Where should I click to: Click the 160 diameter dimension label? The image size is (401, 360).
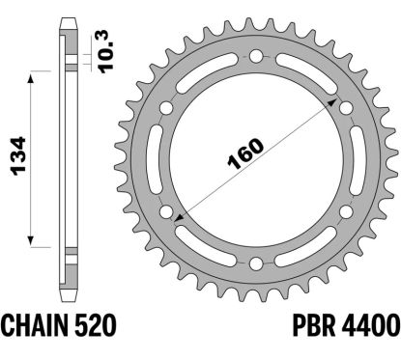[245, 153]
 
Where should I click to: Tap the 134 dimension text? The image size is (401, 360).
[18, 156]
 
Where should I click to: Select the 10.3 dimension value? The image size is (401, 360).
[106, 52]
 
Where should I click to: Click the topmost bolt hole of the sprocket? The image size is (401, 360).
[256, 57]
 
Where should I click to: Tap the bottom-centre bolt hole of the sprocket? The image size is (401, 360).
[256, 264]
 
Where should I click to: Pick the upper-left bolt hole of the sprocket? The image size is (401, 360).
[166, 108]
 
